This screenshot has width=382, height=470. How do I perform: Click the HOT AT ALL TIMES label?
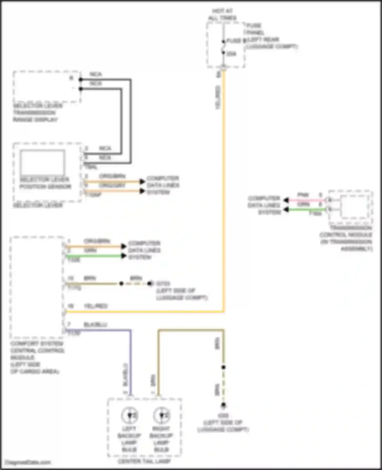pos(222,14)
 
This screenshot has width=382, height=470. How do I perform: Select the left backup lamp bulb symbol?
pos(129,415)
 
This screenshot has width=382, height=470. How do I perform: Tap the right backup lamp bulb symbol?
pos(161,415)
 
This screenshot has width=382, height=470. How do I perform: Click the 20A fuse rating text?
pos(231,54)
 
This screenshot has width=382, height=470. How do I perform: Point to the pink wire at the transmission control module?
pos(306,200)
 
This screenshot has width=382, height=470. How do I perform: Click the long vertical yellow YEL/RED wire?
pos(224,178)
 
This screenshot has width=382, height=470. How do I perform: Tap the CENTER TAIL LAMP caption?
pos(144,461)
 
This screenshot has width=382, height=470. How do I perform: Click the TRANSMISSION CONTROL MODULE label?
pos(346,238)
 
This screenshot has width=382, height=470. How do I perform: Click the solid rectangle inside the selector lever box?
pos(42,162)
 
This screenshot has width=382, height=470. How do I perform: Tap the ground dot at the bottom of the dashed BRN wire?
pos(223,405)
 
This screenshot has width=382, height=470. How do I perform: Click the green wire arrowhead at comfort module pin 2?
pos(124,256)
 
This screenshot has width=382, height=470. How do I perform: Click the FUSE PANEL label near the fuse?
pos(254,29)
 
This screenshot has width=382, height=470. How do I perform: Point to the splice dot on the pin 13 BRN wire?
pos(121,283)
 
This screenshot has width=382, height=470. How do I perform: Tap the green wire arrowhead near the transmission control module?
pos(286,210)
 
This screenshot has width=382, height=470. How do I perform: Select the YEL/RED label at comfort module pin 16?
pos(96,306)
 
